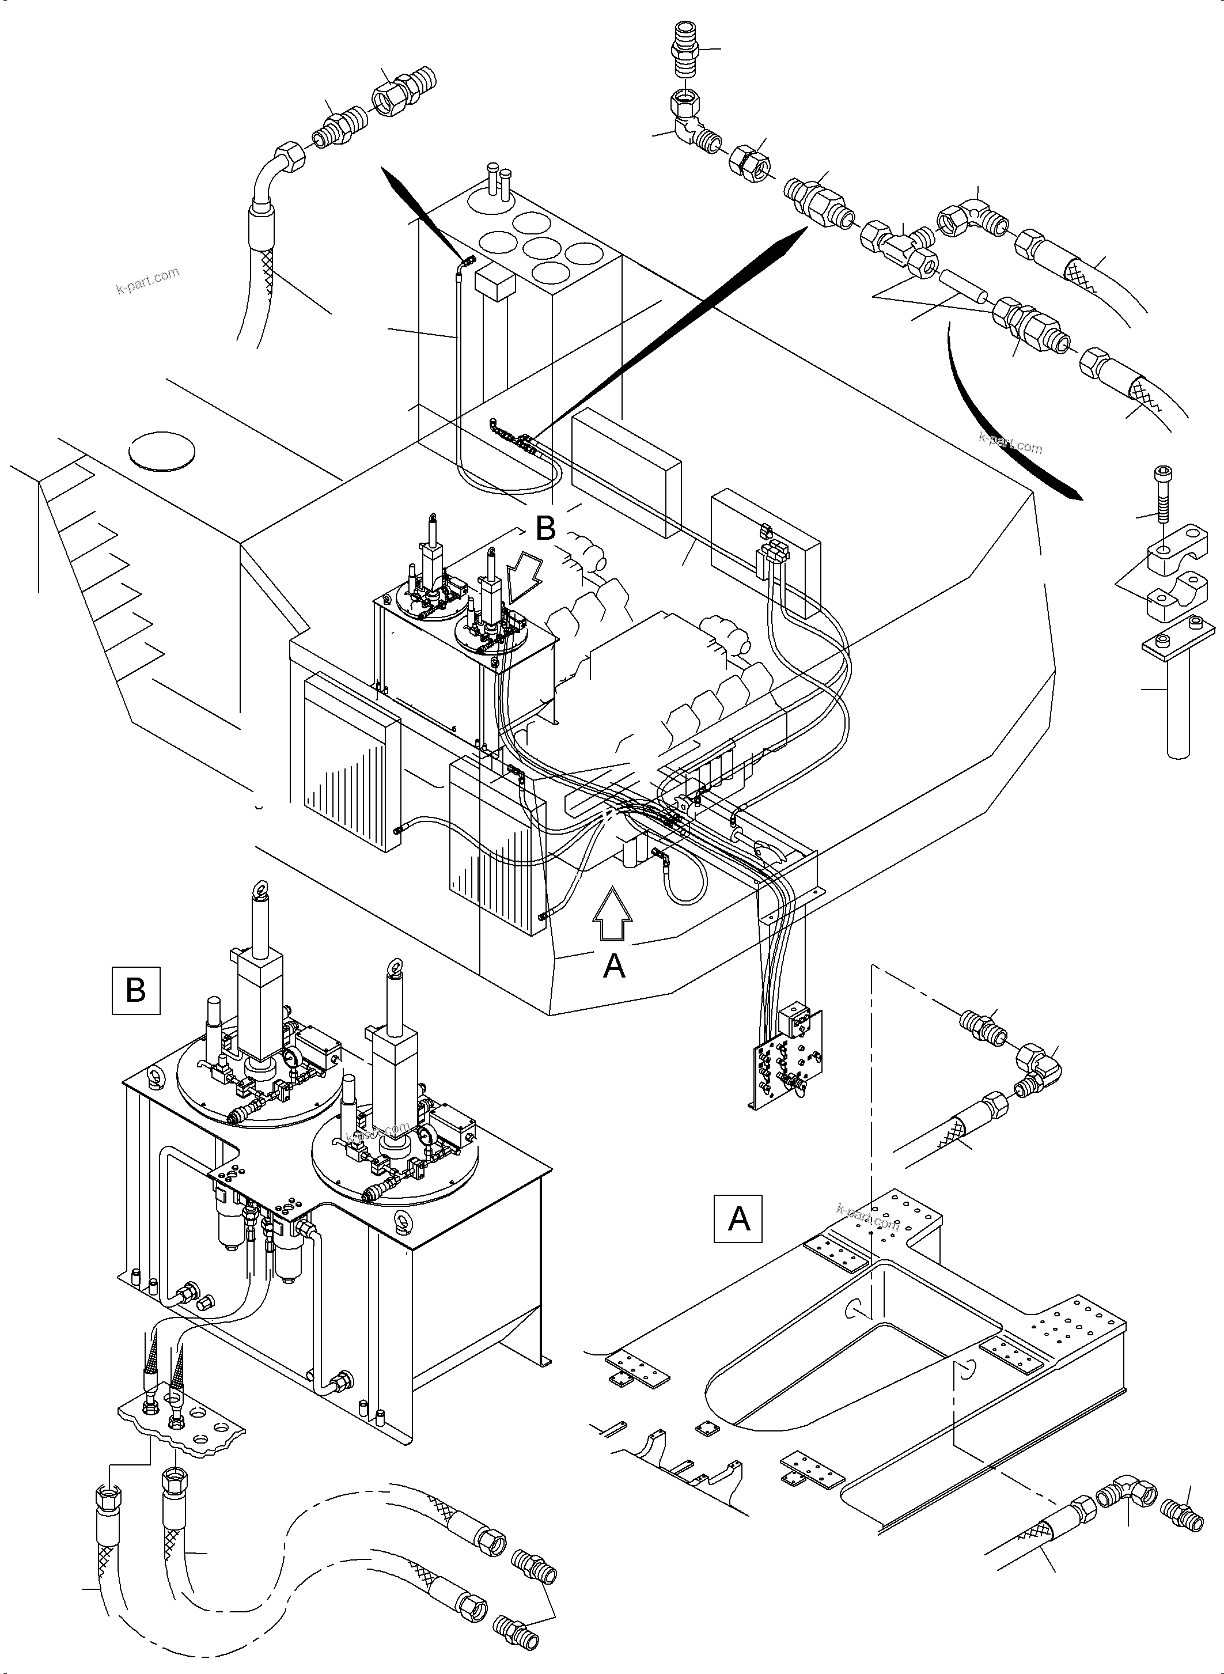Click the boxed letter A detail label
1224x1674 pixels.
click(x=738, y=1218)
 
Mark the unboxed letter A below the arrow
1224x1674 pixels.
click(x=614, y=965)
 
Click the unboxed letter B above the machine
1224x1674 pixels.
click(x=545, y=528)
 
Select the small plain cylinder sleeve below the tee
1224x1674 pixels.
click(x=962, y=289)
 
